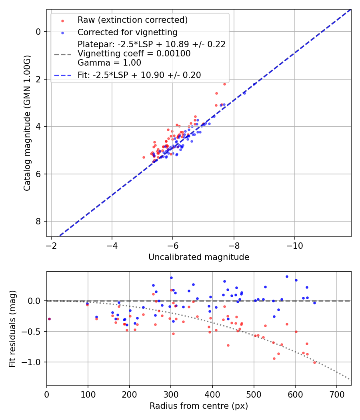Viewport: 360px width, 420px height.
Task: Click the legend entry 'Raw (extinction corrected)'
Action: pyautogui.click(x=132, y=20)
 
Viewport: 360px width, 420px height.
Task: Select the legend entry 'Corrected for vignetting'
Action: pyautogui.click(x=127, y=32)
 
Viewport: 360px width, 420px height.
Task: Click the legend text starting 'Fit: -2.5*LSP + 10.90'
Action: pyautogui.click(x=139, y=75)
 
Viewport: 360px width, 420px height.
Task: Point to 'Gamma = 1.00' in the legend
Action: pyautogui.click(x=109, y=63)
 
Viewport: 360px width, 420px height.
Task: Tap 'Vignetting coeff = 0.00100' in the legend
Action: pyautogui.click(x=134, y=54)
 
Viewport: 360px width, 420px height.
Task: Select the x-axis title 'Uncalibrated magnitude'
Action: pyautogui.click(x=199, y=257)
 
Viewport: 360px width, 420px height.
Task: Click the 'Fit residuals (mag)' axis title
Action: pyautogui.click(x=12, y=328)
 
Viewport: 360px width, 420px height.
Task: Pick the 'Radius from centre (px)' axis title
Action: pyautogui.click(x=199, y=406)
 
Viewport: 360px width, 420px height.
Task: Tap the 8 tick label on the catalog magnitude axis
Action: pyautogui.click(x=38, y=222)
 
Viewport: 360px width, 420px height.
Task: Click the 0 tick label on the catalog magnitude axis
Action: pyautogui.click(x=38, y=32)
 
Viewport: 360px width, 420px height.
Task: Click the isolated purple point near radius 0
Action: pyautogui.click(x=49, y=319)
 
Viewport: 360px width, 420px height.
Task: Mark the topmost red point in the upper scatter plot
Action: pyautogui.click(x=224, y=84)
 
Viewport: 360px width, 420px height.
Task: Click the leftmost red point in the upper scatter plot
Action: pyautogui.click(x=144, y=157)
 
